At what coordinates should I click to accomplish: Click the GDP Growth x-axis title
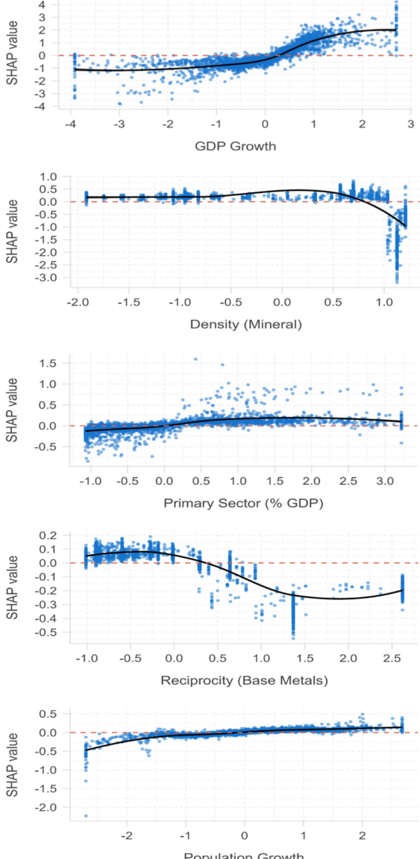tap(235, 146)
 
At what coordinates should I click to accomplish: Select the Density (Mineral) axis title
tap(245, 324)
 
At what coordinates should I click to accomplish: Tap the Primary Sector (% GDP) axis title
tap(243, 503)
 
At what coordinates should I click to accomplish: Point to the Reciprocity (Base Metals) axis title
tap(244, 681)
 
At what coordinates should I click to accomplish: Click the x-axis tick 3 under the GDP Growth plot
tap(410, 124)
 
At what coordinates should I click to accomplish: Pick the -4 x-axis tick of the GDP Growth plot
tap(71, 124)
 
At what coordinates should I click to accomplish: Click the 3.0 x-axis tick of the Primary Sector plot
tap(385, 481)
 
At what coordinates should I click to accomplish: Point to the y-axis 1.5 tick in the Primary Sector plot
tap(48, 363)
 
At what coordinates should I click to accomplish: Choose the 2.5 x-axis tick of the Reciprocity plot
tap(392, 658)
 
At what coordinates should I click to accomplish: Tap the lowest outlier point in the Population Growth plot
tap(86, 816)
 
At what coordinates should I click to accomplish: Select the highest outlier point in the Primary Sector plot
tap(195, 359)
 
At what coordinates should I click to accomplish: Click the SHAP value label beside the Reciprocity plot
tap(12, 587)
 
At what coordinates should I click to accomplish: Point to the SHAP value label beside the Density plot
tap(12, 231)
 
